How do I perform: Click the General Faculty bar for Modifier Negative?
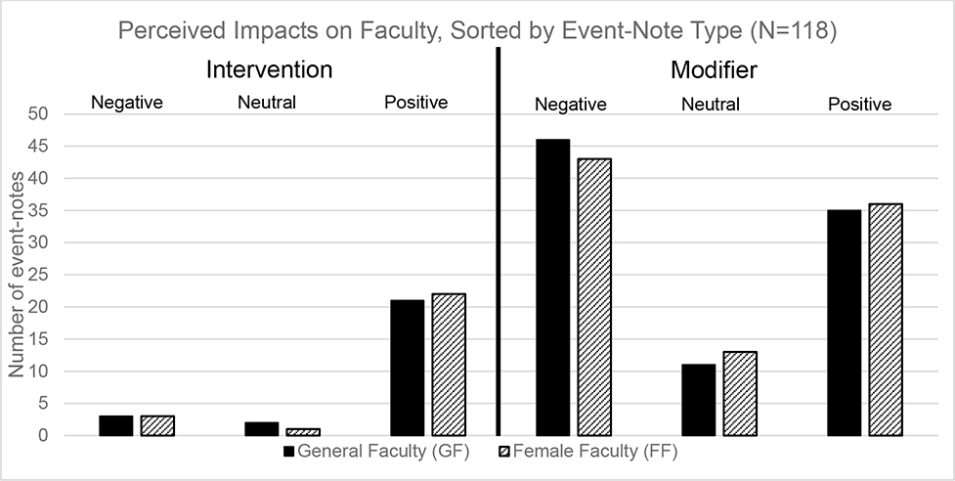(553, 287)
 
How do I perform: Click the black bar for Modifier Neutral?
(699, 400)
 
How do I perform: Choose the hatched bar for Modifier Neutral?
(740, 393)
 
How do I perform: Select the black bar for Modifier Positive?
(845, 323)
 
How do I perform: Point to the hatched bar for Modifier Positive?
(885, 320)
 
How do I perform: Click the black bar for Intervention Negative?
(116, 425)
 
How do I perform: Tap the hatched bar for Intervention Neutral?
(303, 432)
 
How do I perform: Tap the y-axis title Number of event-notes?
(16, 275)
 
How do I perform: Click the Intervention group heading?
(269, 70)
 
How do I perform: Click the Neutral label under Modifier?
(711, 105)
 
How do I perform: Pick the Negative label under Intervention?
(127, 102)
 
